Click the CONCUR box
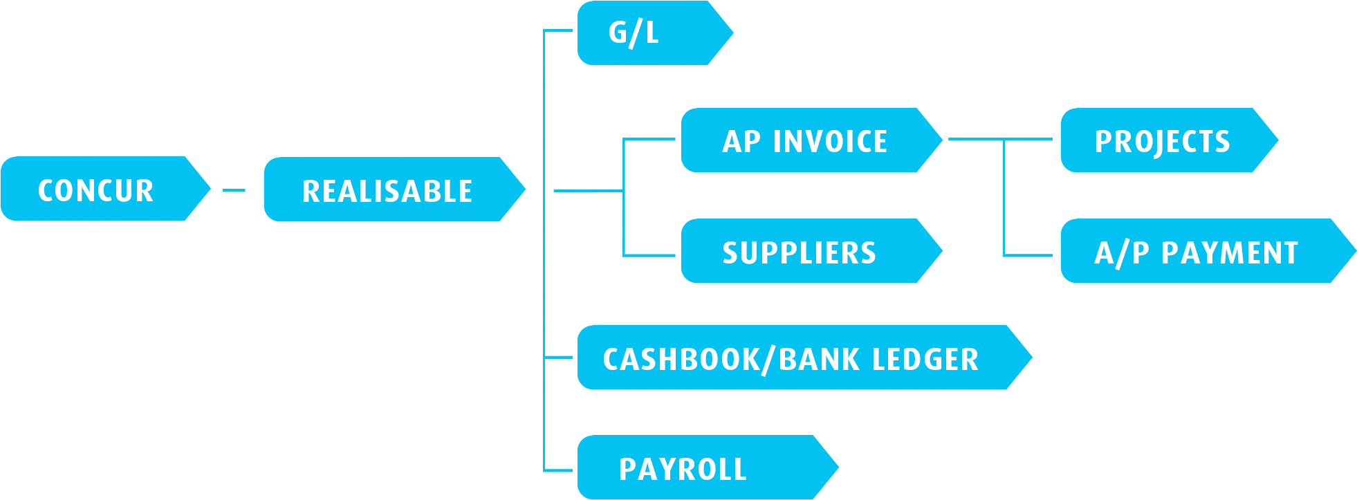click(x=97, y=189)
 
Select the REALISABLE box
click(x=387, y=190)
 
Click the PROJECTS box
click(x=1162, y=140)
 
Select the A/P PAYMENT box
click(x=1197, y=252)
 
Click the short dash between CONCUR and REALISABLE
click(x=234, y=190)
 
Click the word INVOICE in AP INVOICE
click(x=830, y=142)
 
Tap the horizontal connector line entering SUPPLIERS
click(x=650, y=255)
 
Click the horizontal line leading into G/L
click(x=558, y=31)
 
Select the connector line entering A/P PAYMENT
click(x=1028, y=255)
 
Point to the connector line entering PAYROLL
click(x=558, y=470)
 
